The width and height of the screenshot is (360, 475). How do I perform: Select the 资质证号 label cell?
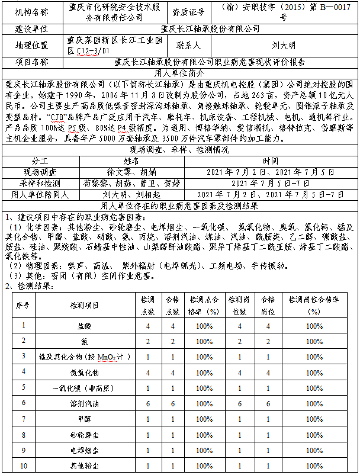188,12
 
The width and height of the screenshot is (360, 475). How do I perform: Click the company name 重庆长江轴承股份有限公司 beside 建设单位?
210,28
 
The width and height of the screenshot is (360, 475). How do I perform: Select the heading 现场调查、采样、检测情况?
179,150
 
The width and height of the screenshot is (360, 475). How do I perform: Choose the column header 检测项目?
85,304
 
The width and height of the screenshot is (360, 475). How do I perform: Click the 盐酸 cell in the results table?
85,326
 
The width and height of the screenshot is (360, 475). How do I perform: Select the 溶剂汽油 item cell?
85,403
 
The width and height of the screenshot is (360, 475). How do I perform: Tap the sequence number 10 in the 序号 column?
24,466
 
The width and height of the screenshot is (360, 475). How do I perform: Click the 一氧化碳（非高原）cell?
85,388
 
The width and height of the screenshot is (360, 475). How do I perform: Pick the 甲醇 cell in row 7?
85,419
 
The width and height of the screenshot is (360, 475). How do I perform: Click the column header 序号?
24,304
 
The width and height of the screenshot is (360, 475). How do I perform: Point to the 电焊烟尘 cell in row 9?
85,450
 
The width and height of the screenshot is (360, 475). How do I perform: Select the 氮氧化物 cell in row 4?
85,372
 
